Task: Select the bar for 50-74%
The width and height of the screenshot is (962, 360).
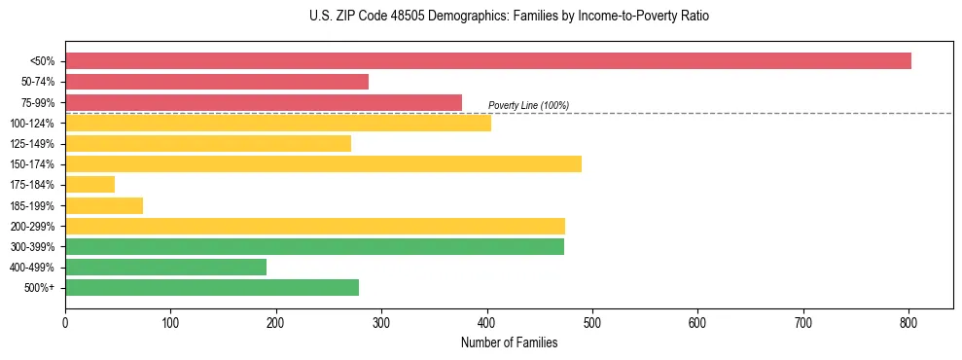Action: click(217, 82)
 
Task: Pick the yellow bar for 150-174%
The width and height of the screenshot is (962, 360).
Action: click(323, 163)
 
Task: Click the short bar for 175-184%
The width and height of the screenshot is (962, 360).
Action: click(89, 184)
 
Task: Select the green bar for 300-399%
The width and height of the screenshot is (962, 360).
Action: click(314, 246)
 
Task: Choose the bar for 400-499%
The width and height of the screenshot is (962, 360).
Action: click(165, 267)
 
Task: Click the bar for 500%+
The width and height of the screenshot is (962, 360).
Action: click(212, 287)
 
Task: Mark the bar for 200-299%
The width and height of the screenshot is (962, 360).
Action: click(315, 226)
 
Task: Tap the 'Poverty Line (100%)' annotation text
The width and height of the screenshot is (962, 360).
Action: click(528, 105)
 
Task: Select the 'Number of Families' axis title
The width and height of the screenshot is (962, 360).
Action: click(509, 342)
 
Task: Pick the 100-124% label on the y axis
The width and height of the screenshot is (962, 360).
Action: click(33, 123)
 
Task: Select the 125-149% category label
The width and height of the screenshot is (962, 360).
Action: click(33, 143)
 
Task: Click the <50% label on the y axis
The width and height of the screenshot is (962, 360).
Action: click(43, 61)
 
